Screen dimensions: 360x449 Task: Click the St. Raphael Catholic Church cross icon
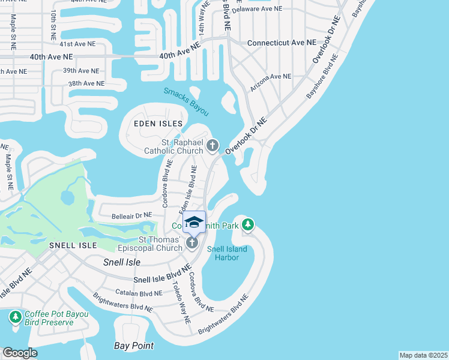pos(212,145)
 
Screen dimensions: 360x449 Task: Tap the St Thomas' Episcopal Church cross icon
pos(191,242)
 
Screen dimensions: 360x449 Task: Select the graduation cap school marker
pos(194,222)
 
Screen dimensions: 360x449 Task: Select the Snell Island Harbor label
pos(231,253)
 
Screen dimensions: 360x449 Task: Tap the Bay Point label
pos(134,346)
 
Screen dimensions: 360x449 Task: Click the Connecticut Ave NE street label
pos(282,43)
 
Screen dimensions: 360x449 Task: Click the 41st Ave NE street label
pos(77,44)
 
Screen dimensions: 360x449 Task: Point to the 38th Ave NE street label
pos(86,84)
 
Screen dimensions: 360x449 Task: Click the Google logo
pos(20,353)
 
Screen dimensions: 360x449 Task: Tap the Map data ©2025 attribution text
pos(423,355)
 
